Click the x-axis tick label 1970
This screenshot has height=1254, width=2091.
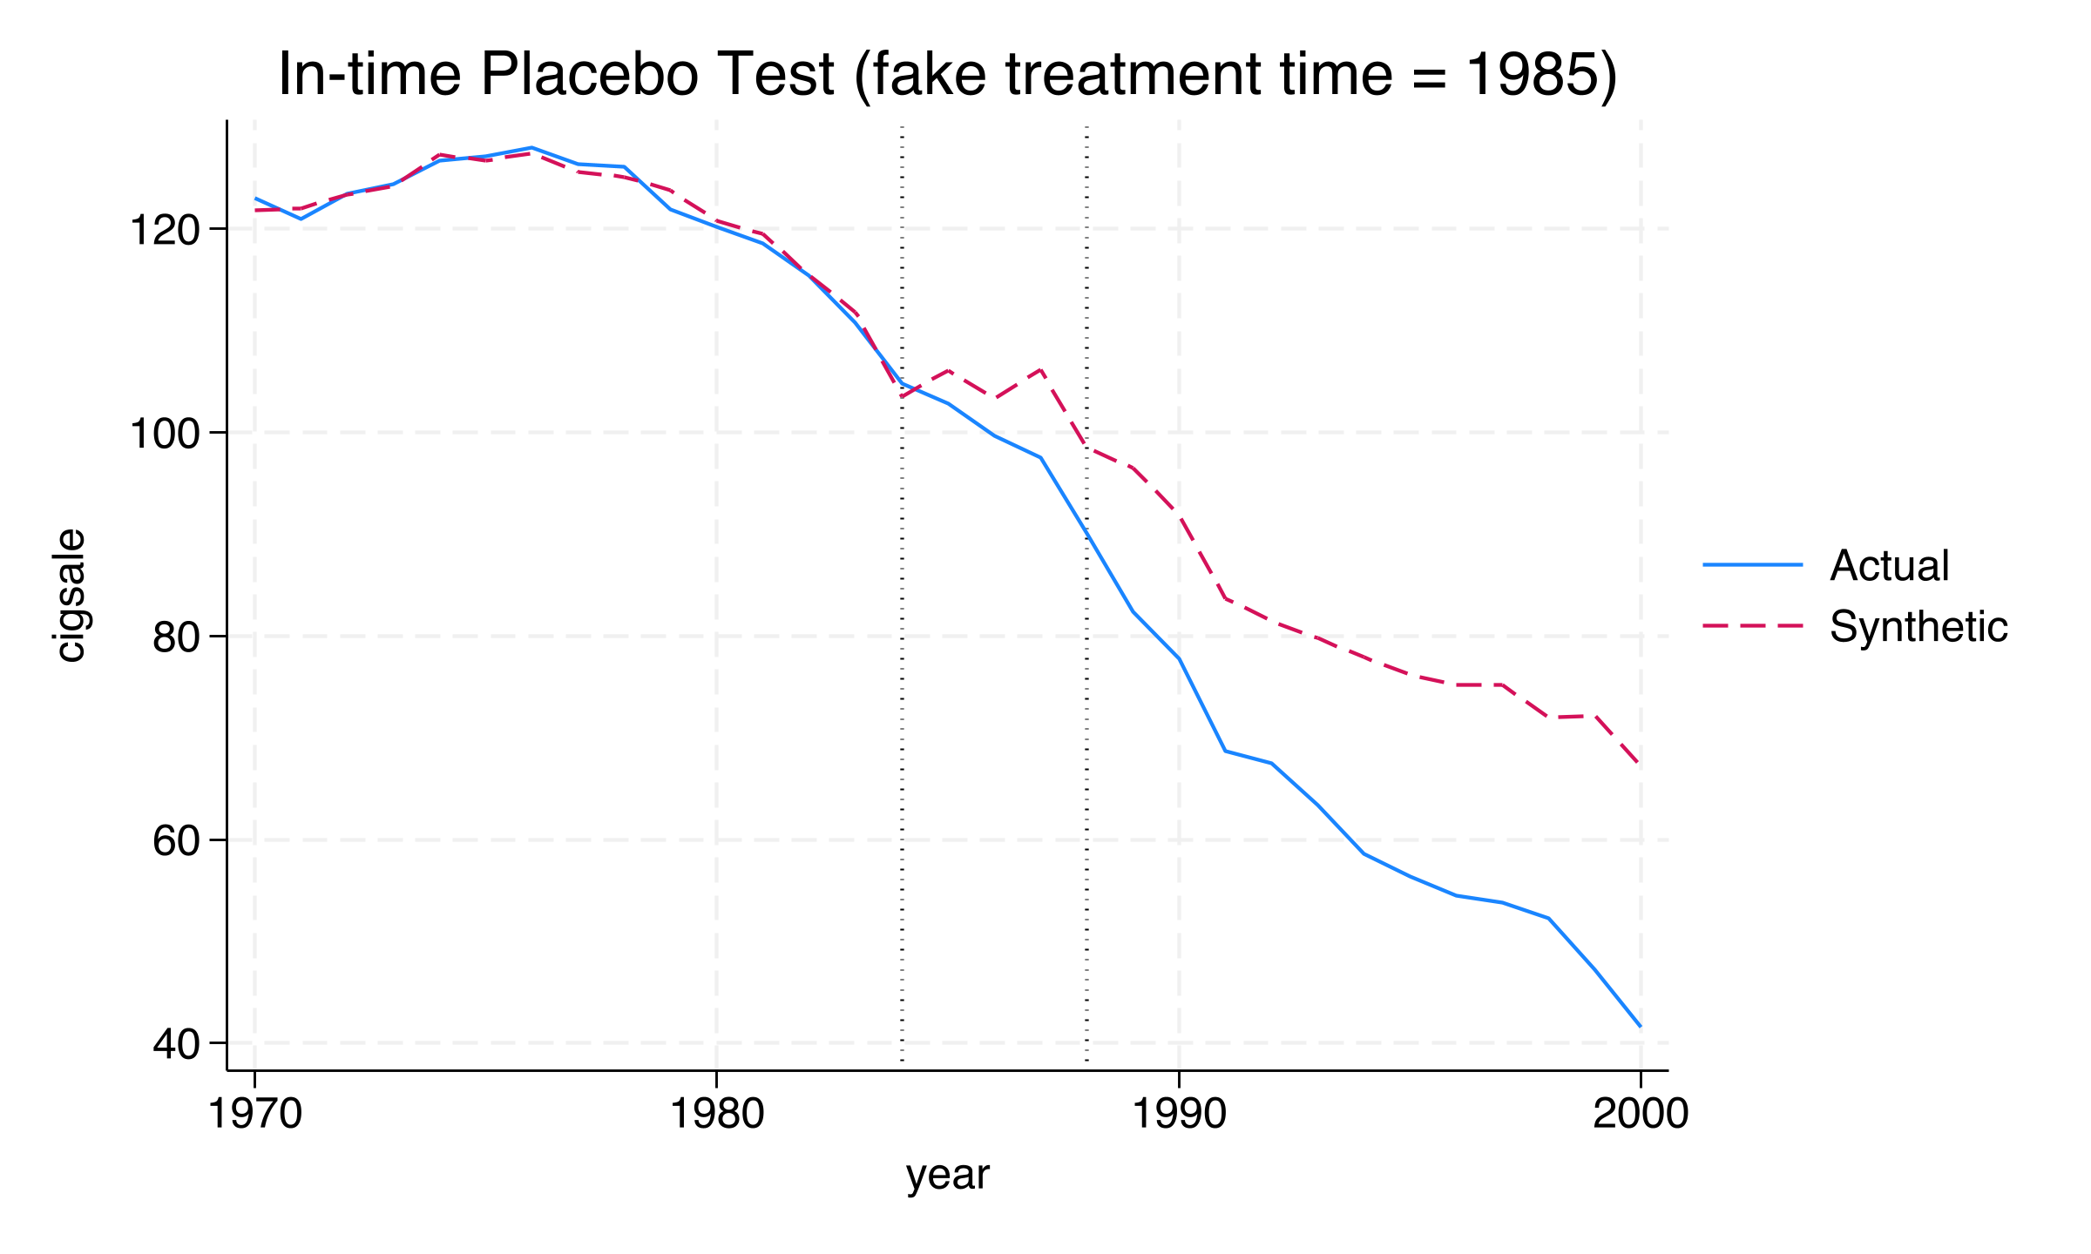(254, 1115)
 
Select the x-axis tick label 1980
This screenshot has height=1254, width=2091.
(716, 1115)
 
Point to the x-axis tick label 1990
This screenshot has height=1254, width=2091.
(1179, 1115)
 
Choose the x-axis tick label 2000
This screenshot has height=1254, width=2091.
(1641, 1115)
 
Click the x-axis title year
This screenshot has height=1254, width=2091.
(948, 1176)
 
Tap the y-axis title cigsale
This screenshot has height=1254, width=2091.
(70, 596)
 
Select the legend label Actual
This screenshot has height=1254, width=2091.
(1889, 566)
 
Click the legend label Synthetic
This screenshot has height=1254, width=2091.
(1918, 627)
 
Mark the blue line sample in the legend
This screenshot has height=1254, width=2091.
(1753, 565)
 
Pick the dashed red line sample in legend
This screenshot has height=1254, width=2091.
(1753, 626)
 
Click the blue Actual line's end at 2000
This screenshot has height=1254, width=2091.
(1640, 1026)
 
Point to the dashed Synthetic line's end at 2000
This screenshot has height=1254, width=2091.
(1640, 764)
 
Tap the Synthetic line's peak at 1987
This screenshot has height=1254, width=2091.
(1040, 370)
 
